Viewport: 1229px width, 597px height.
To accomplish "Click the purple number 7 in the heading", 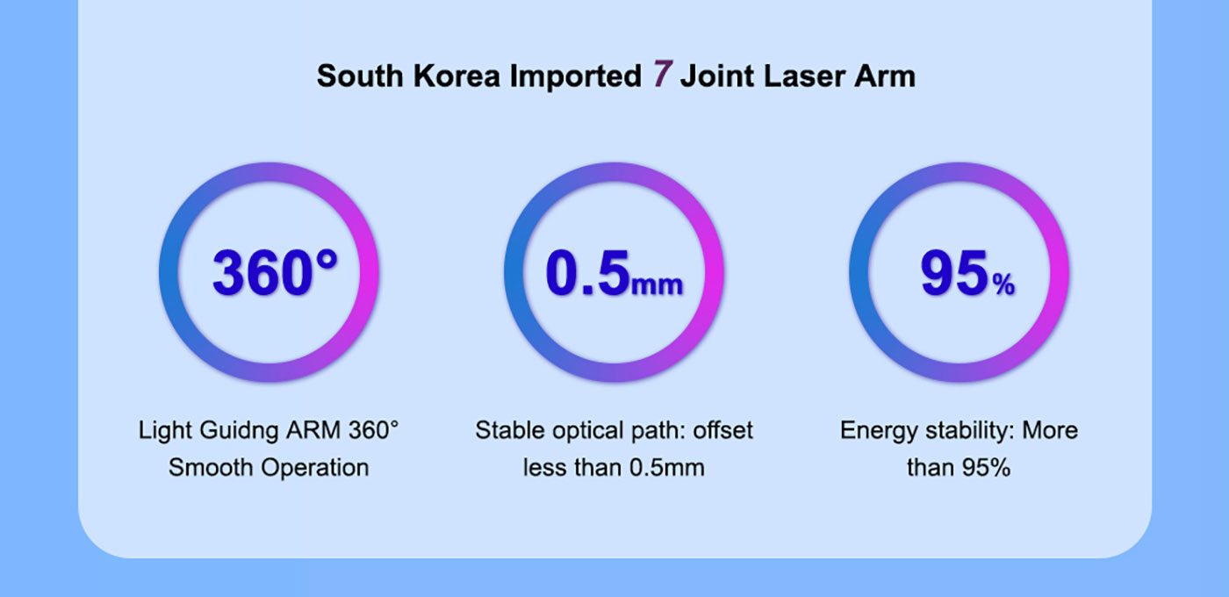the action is (x=663, y=74).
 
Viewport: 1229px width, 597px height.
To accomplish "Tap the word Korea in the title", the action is (x=456, y=76).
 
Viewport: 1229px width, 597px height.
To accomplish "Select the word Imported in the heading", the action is (x=576, y=77).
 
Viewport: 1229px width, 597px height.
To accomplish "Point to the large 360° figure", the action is (x=275, y=272).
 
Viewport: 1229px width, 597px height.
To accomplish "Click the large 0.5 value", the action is (x=587, y=273).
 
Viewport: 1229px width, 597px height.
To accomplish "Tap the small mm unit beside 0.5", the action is (x=658, y=285).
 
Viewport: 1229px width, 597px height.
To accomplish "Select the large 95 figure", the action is (x=954, y=273).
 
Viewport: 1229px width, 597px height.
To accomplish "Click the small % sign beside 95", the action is (x=1003, y=285).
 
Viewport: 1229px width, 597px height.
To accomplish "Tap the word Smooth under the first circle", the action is (x=212, y=467).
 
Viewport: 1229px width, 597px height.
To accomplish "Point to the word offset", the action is (x=722, y=430).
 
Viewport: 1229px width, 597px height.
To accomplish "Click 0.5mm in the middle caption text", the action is (x=667, y=467).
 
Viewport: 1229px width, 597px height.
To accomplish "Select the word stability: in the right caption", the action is (x=970, y=431).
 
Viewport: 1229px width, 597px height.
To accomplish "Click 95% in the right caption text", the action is (x=986, y=467).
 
